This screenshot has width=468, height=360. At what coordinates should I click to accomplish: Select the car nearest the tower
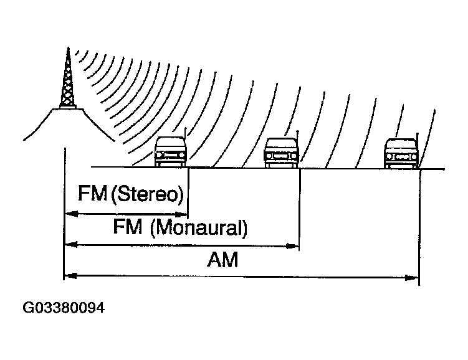[x=170, y=151]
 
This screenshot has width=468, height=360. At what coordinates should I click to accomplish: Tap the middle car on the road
[x=282, y=151]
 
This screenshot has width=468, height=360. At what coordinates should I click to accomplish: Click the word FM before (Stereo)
[x=92, y=194]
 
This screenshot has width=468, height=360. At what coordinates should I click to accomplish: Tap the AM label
[x=222, y=260]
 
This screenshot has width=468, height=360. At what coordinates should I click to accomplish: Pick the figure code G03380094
[x=64, y=308]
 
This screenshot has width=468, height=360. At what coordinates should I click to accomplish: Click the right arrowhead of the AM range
[x=412, y=276]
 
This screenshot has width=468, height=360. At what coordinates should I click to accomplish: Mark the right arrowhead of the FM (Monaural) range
[x=292, y=246]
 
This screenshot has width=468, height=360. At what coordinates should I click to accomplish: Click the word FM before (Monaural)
[x=128, y=227]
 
